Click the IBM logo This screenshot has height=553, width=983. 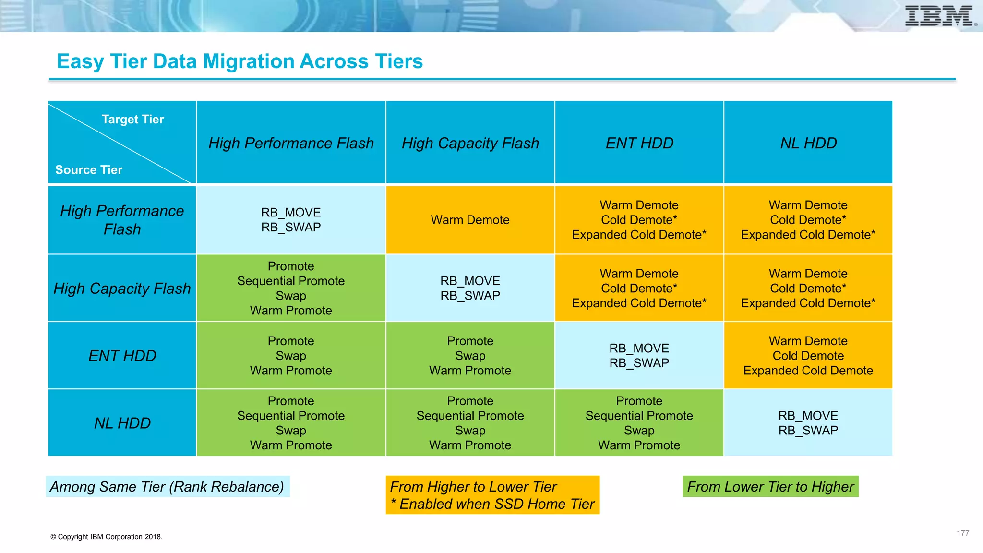click(939, 16)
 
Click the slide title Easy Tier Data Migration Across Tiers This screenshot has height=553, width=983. click(240, 61)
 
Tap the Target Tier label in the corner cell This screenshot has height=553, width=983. click(132, 119)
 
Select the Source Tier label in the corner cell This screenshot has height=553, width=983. click(89, 170)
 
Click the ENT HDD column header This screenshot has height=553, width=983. click(639, 143)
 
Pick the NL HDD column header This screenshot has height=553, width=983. click(808, 143)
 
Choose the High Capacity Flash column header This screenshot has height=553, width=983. click(470, 143)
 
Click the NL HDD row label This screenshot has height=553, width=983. click(122, 423)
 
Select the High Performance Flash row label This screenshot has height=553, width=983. click(122, 220)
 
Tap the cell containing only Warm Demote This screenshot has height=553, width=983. click(470, 220)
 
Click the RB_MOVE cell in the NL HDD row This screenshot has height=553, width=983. click(808, 423)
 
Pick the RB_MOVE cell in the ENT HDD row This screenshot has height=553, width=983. click(639, 355)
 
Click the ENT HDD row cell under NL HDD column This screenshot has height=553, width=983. click(808, 355)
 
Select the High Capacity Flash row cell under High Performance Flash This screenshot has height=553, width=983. click(291, 288)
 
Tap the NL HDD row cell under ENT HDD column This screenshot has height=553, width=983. click(639, 423)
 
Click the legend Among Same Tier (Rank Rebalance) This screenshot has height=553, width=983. click(167, 487)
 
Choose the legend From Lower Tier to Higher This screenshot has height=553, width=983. click(770, 487)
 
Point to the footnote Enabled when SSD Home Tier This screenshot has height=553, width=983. click(492, 504)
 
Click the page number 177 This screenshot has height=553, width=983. click(962, 533)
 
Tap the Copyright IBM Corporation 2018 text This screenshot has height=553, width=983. click(107, 537)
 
